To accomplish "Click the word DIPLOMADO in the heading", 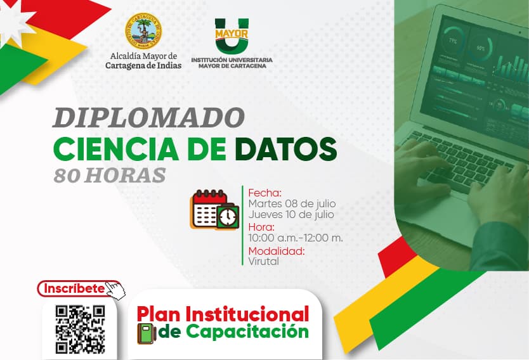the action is pyautogui.click(x=148, y=118).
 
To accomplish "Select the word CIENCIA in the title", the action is pyautogui.click(x=115, y=149).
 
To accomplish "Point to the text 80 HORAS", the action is pyautogui.click(x=110, y=176).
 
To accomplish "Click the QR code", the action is pyautogui.click(x=80, y=330).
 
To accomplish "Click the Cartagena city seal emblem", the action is pyautogui.click(x=143, y=31).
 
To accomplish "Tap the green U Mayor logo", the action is pyautogui.click(x=232, y=35).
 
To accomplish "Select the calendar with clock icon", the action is pyautogui.click(x=214, y=210).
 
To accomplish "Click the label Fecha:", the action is pyautogui.click(x=265, y=193).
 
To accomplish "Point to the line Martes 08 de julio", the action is pyautogui.click(x=292, y=204).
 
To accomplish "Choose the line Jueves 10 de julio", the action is pyautogui.click(x=291, y=215).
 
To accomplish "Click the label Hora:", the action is pyautogui.click(x=261, y=227).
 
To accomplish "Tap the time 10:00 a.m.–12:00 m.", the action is pyautogui.click(x=296, y=238).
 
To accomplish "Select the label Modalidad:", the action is pyautogui.click(x=277, y=251).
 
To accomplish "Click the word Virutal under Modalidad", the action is pyautogui.click(x=263, y=261).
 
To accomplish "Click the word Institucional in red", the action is pyautogui.click(x=247, y=314).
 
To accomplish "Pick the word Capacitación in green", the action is pyautogui.click(x=247, y=331).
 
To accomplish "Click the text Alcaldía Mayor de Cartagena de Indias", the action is pyautogui.click(x=143, y=61).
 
